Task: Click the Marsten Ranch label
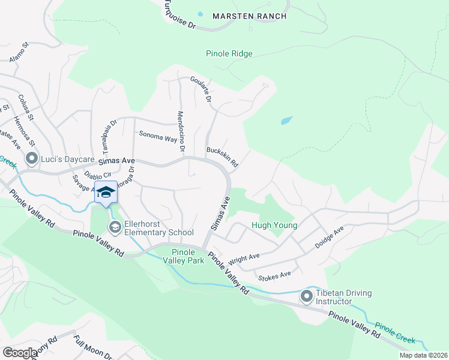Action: pyautogui.click(x=249, y=16)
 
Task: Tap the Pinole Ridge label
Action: pyautogui.click(x=229, y=54)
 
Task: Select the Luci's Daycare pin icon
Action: pyautogui.click(x=31, y=159)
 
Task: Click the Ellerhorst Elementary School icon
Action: pyautogui.click(x=115, y=226)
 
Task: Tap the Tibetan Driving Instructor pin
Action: pyautogui.click(x=307, y=296)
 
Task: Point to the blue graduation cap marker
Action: pyautogui.click(x=106, y=192)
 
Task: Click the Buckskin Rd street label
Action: pyautogui.click(x=222, y=157)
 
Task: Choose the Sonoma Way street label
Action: pyautogui.click(x=159, y=136)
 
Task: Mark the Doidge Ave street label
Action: pyautogui.click(x=328, y=238)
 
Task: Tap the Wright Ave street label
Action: pyautogui.click(x=244, y=260)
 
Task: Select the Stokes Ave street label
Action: pyautogui.click(x=274, y=276)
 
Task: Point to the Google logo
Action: pyautogui.click(x=20, y=353)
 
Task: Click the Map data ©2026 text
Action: pyautogui.click(x=423, y=355)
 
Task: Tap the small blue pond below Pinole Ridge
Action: pyautogui.click(x=286, y=121)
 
